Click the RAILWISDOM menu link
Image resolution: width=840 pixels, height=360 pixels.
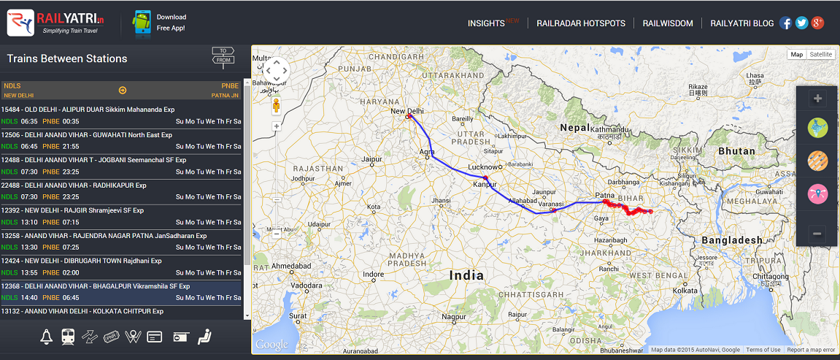[x=667, y=23]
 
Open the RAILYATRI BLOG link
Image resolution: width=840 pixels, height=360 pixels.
[x=741, y=23]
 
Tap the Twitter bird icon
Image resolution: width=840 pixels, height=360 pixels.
[x=801, y=23]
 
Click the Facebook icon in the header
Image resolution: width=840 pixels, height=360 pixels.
[x=785, y=23]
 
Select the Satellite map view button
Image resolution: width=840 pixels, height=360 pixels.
[x=820, y=55]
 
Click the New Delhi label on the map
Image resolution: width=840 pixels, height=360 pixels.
[x=407, y=111]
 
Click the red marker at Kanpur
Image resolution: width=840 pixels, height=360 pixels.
[x=485, y=177]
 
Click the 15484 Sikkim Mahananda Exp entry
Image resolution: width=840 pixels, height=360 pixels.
[x=88, y=110]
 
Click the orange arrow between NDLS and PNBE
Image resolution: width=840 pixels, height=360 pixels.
[x=123, y=91]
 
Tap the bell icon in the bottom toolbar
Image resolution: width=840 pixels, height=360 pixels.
[x=47, y=337]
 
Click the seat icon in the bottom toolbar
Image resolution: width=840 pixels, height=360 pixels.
[x=204, y=337]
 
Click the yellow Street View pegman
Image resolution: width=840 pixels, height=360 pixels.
[x=277, y=106]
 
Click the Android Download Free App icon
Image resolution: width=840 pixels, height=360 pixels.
[x=141, y=23]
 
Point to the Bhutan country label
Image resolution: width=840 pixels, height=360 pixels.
[x=736, y=151]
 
